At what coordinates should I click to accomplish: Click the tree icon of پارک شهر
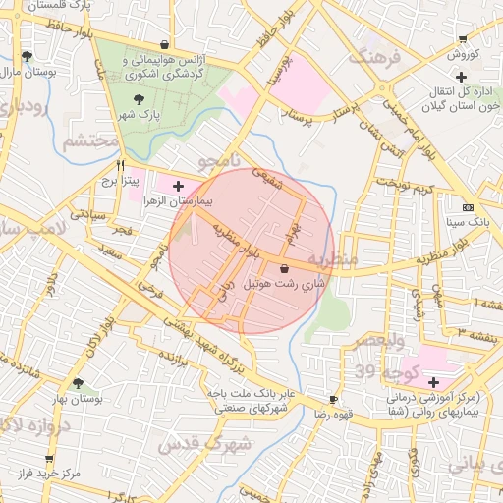coord(138,99)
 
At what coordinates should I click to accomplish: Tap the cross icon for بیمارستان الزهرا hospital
coord(178,185)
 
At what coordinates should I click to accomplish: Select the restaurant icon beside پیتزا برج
coord(121,166)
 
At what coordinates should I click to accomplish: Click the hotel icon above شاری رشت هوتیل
coord(284,268)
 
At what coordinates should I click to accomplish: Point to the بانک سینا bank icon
coord(467,207)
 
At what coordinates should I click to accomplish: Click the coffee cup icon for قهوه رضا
coord(334,399)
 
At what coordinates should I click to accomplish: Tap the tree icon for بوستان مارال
coord(26,56)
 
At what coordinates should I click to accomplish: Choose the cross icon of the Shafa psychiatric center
coord(433,381)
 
